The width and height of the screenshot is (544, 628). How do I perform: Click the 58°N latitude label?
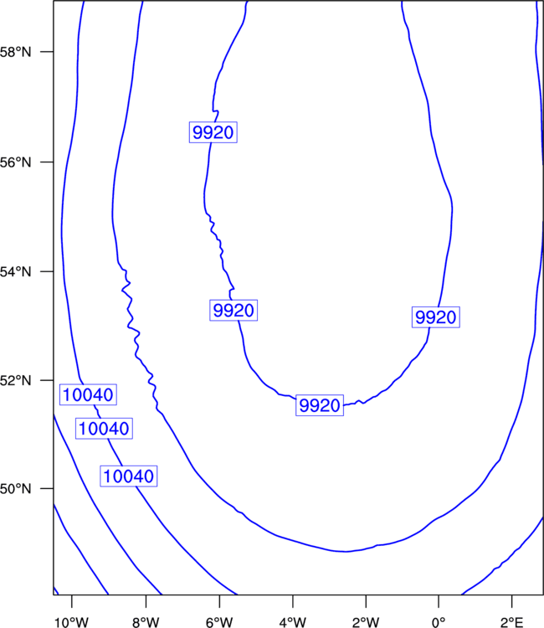tap(15, 52)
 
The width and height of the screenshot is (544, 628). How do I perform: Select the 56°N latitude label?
tap(15, 162)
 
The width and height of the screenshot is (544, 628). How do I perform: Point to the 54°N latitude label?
tap(15, 271)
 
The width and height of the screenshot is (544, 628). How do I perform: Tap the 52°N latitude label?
tap(15, 380)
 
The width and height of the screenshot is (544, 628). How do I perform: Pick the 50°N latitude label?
tap(15, 489)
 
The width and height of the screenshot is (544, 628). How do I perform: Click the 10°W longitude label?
tap(72, 622)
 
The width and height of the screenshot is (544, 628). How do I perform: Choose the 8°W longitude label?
tap(146, 622)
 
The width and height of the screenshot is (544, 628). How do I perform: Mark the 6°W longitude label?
tap(219, 622)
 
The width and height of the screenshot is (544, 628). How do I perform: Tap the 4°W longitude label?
tap(293, 622)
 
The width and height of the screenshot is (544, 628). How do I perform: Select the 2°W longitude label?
tap(366, 622)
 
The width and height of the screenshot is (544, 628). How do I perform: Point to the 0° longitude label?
tap(439, 622)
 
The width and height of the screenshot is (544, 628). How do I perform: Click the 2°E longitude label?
tap(511, 622)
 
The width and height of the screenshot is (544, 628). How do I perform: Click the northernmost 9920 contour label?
tap(213, 132)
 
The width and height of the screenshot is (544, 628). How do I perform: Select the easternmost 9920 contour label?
tap(436, 317)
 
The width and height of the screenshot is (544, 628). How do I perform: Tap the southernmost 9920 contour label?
tap(320, 405)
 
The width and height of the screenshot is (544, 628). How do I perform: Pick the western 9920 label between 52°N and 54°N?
tap(234, 311)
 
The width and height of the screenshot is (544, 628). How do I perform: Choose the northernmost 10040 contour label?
tap(88, 394)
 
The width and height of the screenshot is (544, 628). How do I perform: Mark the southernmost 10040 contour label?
tap(129, 476)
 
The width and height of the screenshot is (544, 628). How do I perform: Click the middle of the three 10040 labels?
tap(104, 429)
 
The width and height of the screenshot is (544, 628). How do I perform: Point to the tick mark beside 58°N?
tap(47, 52)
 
